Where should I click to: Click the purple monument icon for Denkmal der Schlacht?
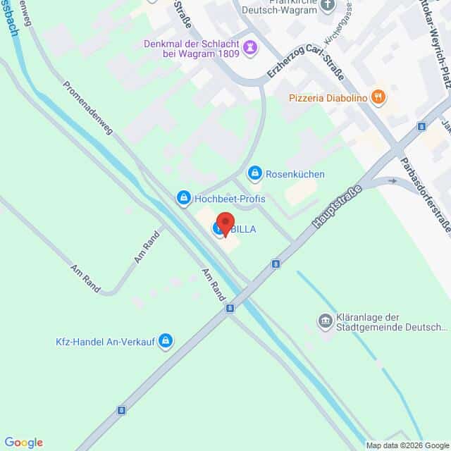pos(250,47)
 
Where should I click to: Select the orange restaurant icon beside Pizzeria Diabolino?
pos(378,97)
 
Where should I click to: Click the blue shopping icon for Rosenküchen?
pos(253,173)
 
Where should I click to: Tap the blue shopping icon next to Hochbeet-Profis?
pos(183,198)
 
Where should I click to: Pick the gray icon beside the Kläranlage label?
pos(325,321)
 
